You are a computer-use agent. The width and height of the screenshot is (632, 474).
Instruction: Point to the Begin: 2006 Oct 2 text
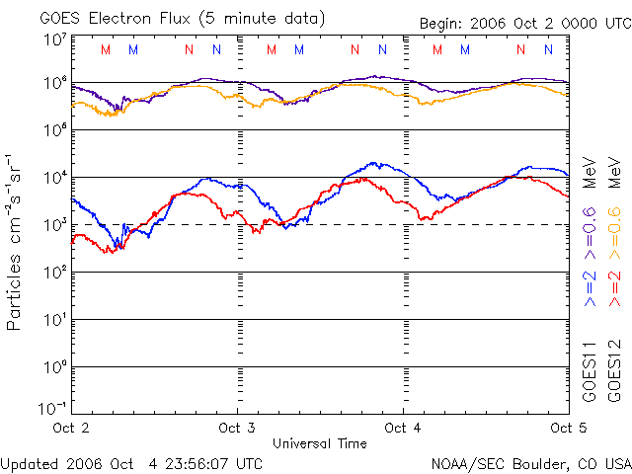(494, 24)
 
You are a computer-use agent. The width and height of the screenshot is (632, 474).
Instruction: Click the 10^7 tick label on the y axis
(54, 40)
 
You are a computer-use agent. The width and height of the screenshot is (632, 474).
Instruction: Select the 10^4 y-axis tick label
(54, 178)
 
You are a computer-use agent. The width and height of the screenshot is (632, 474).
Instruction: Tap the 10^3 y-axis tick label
(54, 225)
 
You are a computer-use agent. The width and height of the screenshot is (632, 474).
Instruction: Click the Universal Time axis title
(319, 443)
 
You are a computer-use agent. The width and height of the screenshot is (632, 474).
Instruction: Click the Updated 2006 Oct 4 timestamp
(131, 462)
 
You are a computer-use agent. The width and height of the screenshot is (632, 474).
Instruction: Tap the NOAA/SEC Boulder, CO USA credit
(530, 462)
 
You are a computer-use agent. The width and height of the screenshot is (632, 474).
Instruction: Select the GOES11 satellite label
(589, 370)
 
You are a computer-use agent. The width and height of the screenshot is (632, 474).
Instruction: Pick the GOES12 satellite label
(613, 370)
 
